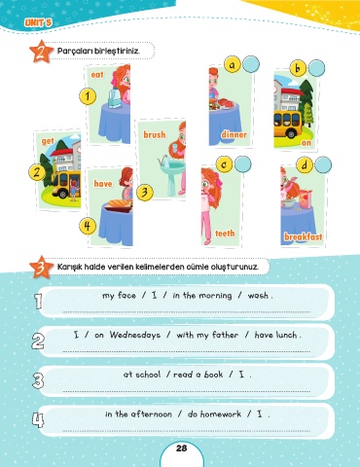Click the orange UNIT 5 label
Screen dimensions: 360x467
(38, 22)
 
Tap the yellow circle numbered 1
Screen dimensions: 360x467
(88, 96)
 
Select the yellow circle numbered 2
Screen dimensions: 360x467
(37, 172)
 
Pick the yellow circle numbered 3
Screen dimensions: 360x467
(145, 192)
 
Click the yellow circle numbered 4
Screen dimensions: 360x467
(88, 226)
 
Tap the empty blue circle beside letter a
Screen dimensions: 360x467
(251, 64)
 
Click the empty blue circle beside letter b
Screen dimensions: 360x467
(316, 68)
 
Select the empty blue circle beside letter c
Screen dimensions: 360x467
(242, 164)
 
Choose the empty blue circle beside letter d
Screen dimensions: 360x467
(323, 164)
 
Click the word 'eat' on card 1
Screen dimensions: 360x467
(97, 75)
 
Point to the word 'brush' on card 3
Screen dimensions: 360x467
(155, 134)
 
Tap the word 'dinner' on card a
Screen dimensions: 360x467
(234, 134)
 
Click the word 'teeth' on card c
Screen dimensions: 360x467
(225, 233)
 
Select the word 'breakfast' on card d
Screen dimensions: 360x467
(304, 236)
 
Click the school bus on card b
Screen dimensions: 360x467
(288, 124)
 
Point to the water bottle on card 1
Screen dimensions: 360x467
(114, 98)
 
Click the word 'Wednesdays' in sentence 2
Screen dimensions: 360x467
(135, 335)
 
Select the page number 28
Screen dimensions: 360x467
(182, 449)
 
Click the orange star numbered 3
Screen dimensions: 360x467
(41, 268)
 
